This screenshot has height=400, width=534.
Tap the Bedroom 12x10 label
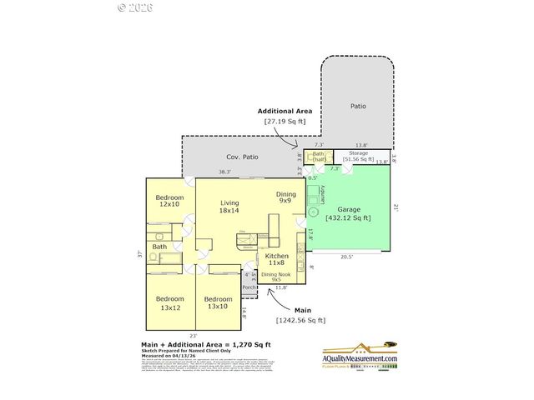click(169, 200)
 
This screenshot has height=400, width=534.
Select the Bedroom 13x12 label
click(169, 302)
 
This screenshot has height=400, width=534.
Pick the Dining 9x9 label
click(285, 197)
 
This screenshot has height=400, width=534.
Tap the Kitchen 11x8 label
click(277, 259)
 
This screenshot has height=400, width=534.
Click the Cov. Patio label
click(242, 157)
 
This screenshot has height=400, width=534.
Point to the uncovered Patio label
click(358, 106)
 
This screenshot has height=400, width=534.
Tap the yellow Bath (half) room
click(318, 157)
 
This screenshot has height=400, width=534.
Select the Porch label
click(249, 287)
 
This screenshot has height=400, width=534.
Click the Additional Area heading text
click(285, 111)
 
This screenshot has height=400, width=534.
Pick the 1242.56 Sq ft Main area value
click(300, 320)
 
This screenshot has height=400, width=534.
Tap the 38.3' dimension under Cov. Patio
click(201, 172)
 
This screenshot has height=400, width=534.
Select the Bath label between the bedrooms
click(159, 247)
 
